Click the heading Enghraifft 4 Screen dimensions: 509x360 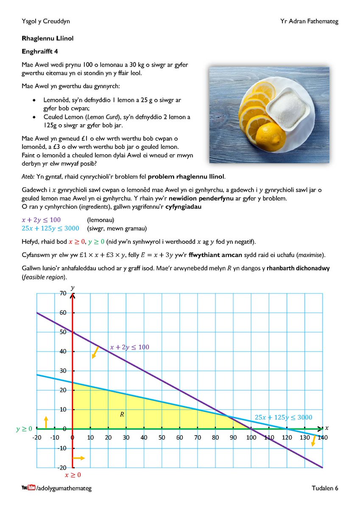click(x=42, y=52)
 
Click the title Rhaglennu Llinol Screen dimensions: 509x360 click(x=47, y=38)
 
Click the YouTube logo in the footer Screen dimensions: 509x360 click(x=28, y=488)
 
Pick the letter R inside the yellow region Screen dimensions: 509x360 click(x=122, y=414)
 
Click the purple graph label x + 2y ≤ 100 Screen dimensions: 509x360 click(x=129, y=347)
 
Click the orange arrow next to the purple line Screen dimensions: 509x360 click(x=95, y=352)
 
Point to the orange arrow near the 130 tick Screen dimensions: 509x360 click(x=314, y=441)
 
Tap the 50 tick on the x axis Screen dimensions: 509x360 click(x=162, y=437)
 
